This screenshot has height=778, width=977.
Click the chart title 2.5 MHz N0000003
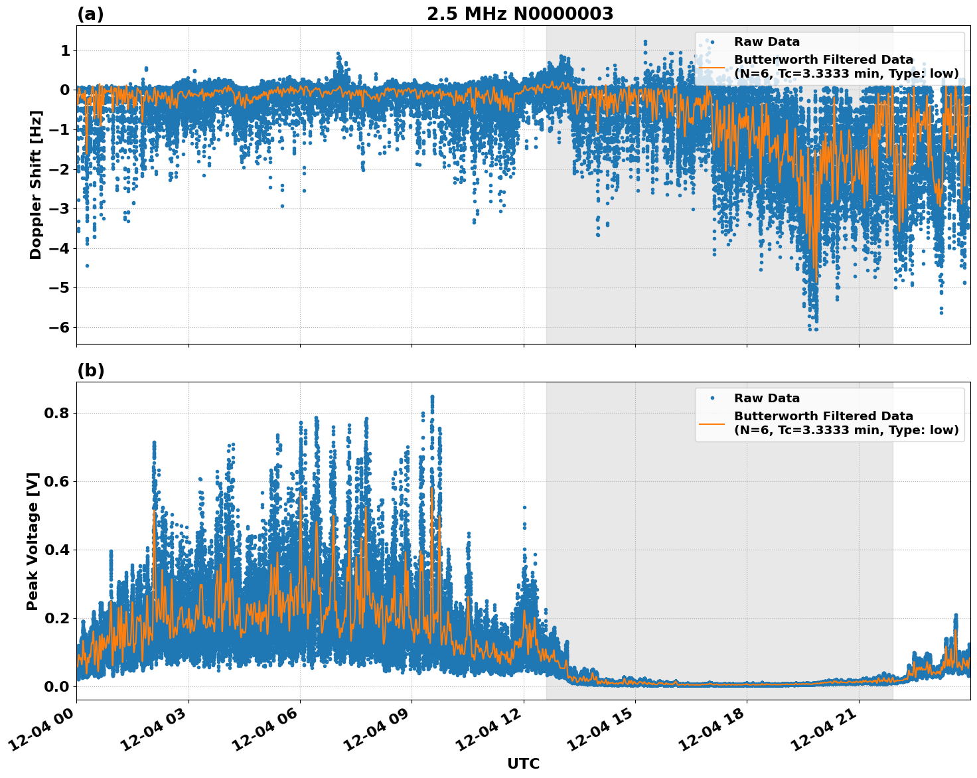click(x=520, y=14)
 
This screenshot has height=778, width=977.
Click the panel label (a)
click(x=90, y=14)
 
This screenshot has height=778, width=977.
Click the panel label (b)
click(x=90, y=370)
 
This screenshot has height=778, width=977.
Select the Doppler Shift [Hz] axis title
click(x=36, y=185)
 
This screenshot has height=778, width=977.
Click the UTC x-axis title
click(x=523, y=763)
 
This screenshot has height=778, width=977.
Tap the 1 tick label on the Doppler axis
click(x=65, y=51)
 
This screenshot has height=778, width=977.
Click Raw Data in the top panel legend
click(x=767, y=42)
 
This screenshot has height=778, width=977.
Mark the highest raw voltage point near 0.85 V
click(x=432, y=397)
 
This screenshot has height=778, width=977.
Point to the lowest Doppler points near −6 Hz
click(x=814, y=328)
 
